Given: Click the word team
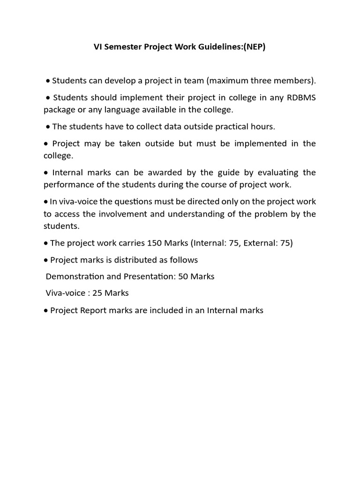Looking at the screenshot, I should [x=194, y=81].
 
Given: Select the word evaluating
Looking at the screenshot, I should [x=275, y=172].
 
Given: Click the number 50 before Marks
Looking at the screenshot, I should [x=183, y=276].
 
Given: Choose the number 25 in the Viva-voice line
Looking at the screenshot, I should [x=97, y=293].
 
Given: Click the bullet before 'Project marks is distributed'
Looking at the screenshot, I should [x=46, y=260].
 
